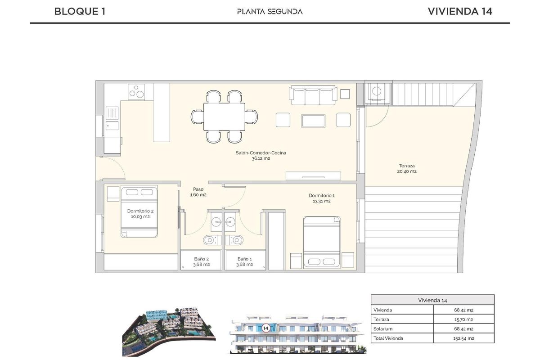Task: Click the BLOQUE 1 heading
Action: click(x=80, y=12)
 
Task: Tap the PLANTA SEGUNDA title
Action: click(x=270, y=12)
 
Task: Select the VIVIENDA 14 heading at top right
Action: click(x=459, y=12)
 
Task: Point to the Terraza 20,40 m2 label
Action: click(x=406, y=168)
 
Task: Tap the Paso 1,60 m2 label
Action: click(x=198, y=192)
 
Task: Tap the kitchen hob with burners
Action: click(x=139, y=92)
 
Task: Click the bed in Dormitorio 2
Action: click(x=139, y=211)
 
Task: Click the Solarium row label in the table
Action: click(x=383, y=328)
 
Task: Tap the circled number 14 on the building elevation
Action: click(x=265, y=328)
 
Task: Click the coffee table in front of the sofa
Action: click(x=313, y=120)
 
